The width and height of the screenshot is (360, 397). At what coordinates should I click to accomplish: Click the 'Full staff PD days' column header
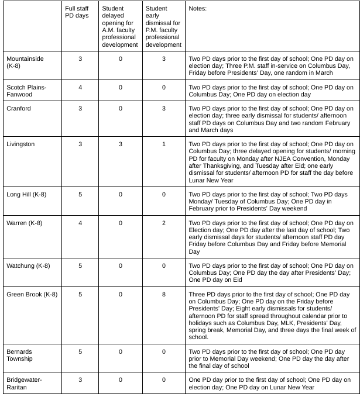click(x=77, y=12)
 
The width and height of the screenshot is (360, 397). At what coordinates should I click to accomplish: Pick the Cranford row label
click(x=19, y=109)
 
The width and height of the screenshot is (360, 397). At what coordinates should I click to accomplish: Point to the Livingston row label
click(x=20, y=143)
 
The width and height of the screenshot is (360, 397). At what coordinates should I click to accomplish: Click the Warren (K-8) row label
click(x=24, y=223)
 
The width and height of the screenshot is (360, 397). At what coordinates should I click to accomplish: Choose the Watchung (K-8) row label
click(x=28, y=266)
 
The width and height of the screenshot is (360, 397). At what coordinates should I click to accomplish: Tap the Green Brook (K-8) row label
click(x=32, y=294)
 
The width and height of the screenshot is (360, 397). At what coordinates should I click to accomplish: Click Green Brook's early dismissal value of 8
click(x=164, y=294)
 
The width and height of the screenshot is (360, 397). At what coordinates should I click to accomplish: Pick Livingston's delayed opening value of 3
click(x=121, y=143)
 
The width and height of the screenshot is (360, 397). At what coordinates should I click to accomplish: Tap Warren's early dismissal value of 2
click(x=164, y=223)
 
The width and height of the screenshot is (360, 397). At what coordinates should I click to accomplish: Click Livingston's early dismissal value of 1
click(x=164, y=143)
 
